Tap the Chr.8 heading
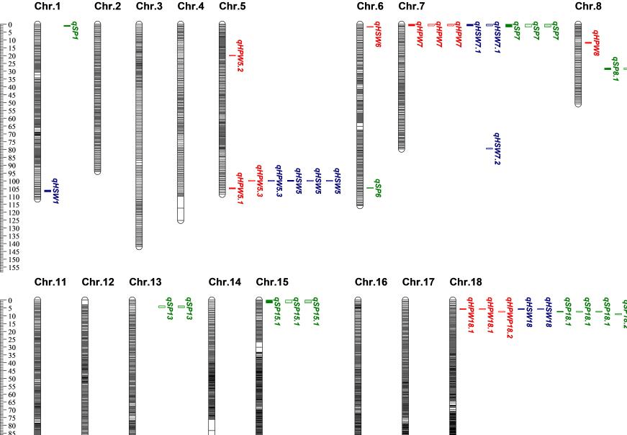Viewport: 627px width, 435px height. pos(588,7)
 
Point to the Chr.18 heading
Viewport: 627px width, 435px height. pos(465,282)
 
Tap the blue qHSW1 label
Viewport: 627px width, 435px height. pos(55,191)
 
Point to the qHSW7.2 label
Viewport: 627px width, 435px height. pos(497,148)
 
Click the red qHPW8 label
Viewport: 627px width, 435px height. pos(596,42)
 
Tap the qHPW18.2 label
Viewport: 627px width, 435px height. pos(510,318)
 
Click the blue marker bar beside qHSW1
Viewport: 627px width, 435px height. pos(48,191)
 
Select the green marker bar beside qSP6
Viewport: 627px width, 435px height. pos(369,188)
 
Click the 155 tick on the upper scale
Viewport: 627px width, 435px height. pos(14,267)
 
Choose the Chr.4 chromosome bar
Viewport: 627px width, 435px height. pos(181,122)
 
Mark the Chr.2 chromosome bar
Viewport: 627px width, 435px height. pos(97,97)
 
